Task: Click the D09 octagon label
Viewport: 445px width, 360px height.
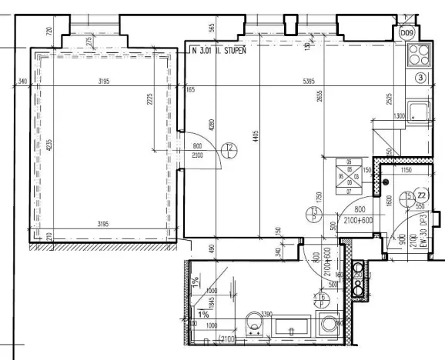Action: tap(407, 33)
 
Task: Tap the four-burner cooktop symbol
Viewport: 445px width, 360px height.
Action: tap(420, 54)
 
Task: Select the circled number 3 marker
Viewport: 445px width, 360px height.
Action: tap(420, 78)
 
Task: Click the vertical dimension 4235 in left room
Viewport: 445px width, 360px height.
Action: tap(48, 146)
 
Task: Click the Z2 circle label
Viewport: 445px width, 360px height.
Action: tap(422, 195)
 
